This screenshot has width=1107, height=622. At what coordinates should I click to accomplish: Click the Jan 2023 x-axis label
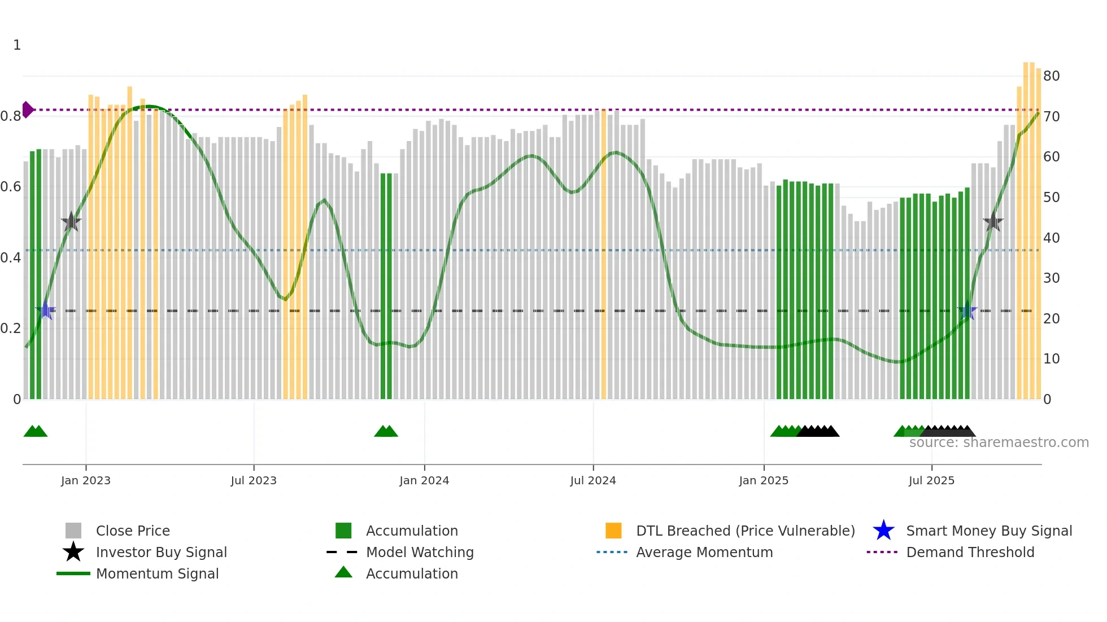86,480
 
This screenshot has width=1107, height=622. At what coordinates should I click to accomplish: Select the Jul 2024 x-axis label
593,480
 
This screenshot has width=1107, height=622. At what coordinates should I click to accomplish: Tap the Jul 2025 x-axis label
931,480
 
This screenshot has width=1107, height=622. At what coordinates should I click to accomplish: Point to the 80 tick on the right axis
1051,76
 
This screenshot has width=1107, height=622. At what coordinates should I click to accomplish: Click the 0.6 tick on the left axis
11,187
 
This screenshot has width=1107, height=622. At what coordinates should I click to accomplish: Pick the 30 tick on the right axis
1051,278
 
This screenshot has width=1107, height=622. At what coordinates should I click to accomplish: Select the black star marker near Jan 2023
71,222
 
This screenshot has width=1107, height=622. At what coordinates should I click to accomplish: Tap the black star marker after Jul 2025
993,222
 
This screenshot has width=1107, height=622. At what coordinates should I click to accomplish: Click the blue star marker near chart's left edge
45,310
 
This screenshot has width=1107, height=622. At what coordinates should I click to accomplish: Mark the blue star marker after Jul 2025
967,310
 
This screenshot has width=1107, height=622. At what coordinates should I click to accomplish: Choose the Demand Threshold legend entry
970,552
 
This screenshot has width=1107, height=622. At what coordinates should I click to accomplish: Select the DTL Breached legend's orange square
613,531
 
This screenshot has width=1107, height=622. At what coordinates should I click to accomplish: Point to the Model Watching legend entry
419,552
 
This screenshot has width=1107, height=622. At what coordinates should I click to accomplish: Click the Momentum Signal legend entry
157,573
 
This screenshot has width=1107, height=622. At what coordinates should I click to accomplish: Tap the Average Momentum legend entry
704,552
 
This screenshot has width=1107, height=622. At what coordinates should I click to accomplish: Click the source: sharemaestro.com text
999,443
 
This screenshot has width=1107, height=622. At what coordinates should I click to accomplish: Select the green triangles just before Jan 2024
386,431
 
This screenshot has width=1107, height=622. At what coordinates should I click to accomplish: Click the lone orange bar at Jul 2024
603,254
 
